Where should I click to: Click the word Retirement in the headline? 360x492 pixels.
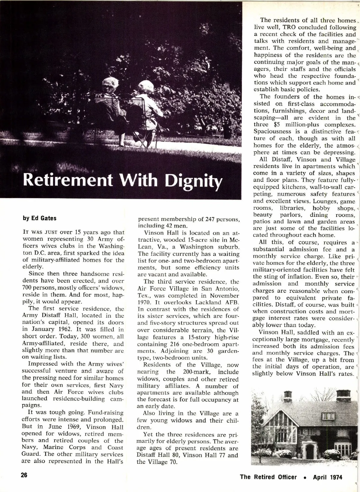[x=68, y=180]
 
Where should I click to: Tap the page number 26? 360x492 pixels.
[x=24, y=475]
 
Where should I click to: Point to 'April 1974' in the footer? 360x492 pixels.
[x=327, y=477]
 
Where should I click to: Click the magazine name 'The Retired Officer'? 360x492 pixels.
[x=268, y=477]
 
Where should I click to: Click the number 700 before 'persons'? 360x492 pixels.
[x=29, y=288]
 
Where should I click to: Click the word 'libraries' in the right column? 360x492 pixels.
[x=292, y=208]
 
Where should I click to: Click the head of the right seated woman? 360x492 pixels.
[x=144, y=87]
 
